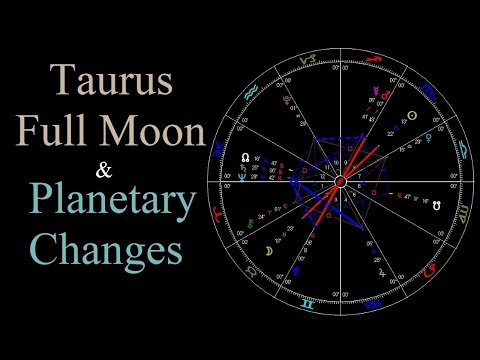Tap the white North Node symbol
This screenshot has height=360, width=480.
(x=245, y=158)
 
